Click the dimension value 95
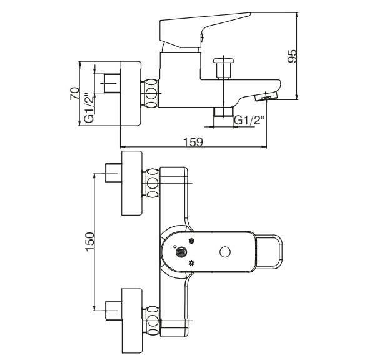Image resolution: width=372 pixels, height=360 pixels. pos(292,56)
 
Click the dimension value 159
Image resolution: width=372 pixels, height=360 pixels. pos(193,142)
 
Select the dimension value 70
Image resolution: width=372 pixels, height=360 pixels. pos(74,94)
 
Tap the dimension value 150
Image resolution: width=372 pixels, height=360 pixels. pos(90,242)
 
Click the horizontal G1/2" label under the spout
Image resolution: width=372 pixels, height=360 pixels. pos(249,121)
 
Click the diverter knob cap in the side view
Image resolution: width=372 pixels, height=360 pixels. pos(223,61)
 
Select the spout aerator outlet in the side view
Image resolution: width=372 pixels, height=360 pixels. pos(266,97)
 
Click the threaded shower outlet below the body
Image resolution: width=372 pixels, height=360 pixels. pos(223,111)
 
